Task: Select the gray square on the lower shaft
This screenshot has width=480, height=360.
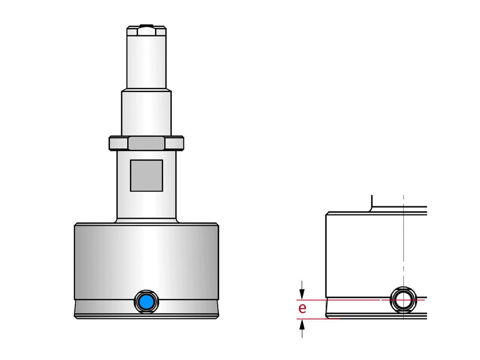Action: pos(147,175)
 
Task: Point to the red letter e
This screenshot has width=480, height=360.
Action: pos(302,308)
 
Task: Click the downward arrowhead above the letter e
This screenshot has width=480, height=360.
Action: pos(302,293)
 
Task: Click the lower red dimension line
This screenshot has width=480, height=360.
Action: pos(354,319)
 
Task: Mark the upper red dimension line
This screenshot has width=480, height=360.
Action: pos(354,300)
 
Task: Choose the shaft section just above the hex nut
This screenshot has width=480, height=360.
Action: pos(147,114)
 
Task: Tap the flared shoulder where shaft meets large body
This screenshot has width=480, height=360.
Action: pos(147,221)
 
